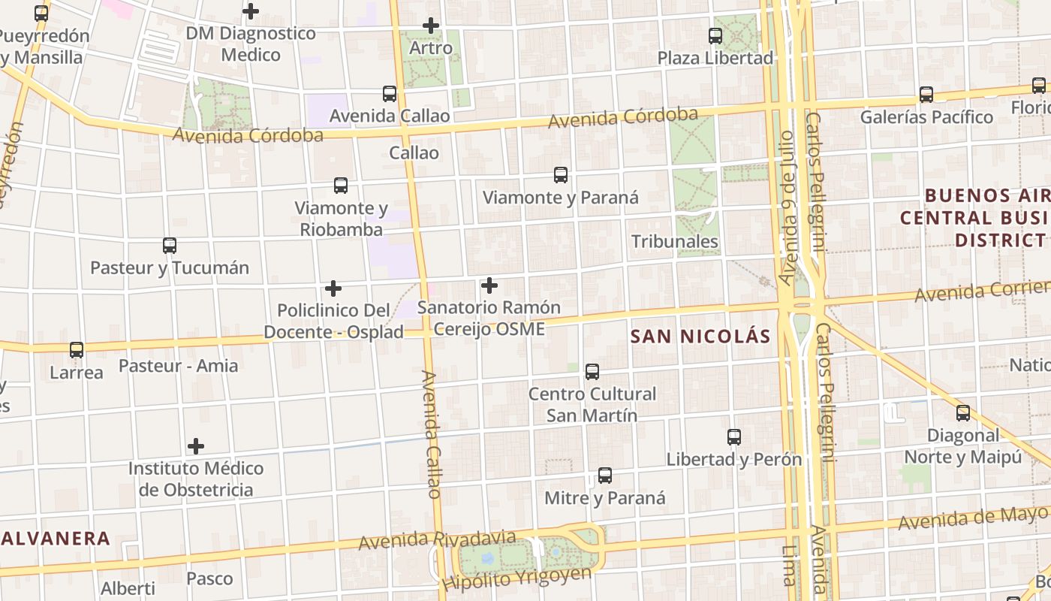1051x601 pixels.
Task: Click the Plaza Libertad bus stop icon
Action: coord(715,35)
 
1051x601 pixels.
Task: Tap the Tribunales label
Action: coord(675,241)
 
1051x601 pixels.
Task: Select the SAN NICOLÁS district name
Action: coord(700,336)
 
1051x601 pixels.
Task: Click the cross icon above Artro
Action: coord(431,26)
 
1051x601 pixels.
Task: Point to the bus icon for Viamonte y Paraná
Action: coord(561,175)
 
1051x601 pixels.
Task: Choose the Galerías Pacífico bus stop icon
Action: coord(926,95)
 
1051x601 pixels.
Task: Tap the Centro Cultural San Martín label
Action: coord(592,404)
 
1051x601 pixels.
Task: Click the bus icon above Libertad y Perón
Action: coord(734,437)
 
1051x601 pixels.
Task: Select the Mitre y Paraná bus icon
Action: coord(605,476)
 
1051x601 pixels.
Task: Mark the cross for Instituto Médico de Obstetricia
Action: coord(196,446)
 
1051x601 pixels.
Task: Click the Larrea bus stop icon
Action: coord(77,350)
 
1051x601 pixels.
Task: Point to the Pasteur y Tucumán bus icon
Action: coord(170,246)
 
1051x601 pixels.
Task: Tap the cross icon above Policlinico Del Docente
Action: coord(333,288)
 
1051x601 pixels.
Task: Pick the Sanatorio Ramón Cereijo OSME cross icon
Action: coord(489,285)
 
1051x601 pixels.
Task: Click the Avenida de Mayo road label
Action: coord(972,518)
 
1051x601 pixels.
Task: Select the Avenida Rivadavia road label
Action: coord(437,540)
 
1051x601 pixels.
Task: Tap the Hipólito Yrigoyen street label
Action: coord(516,578)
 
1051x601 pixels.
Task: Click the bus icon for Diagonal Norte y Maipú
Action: coord(963,412)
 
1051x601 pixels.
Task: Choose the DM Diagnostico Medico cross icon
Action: coord(251,11)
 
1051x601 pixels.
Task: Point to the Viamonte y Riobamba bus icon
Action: coord(341,186)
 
